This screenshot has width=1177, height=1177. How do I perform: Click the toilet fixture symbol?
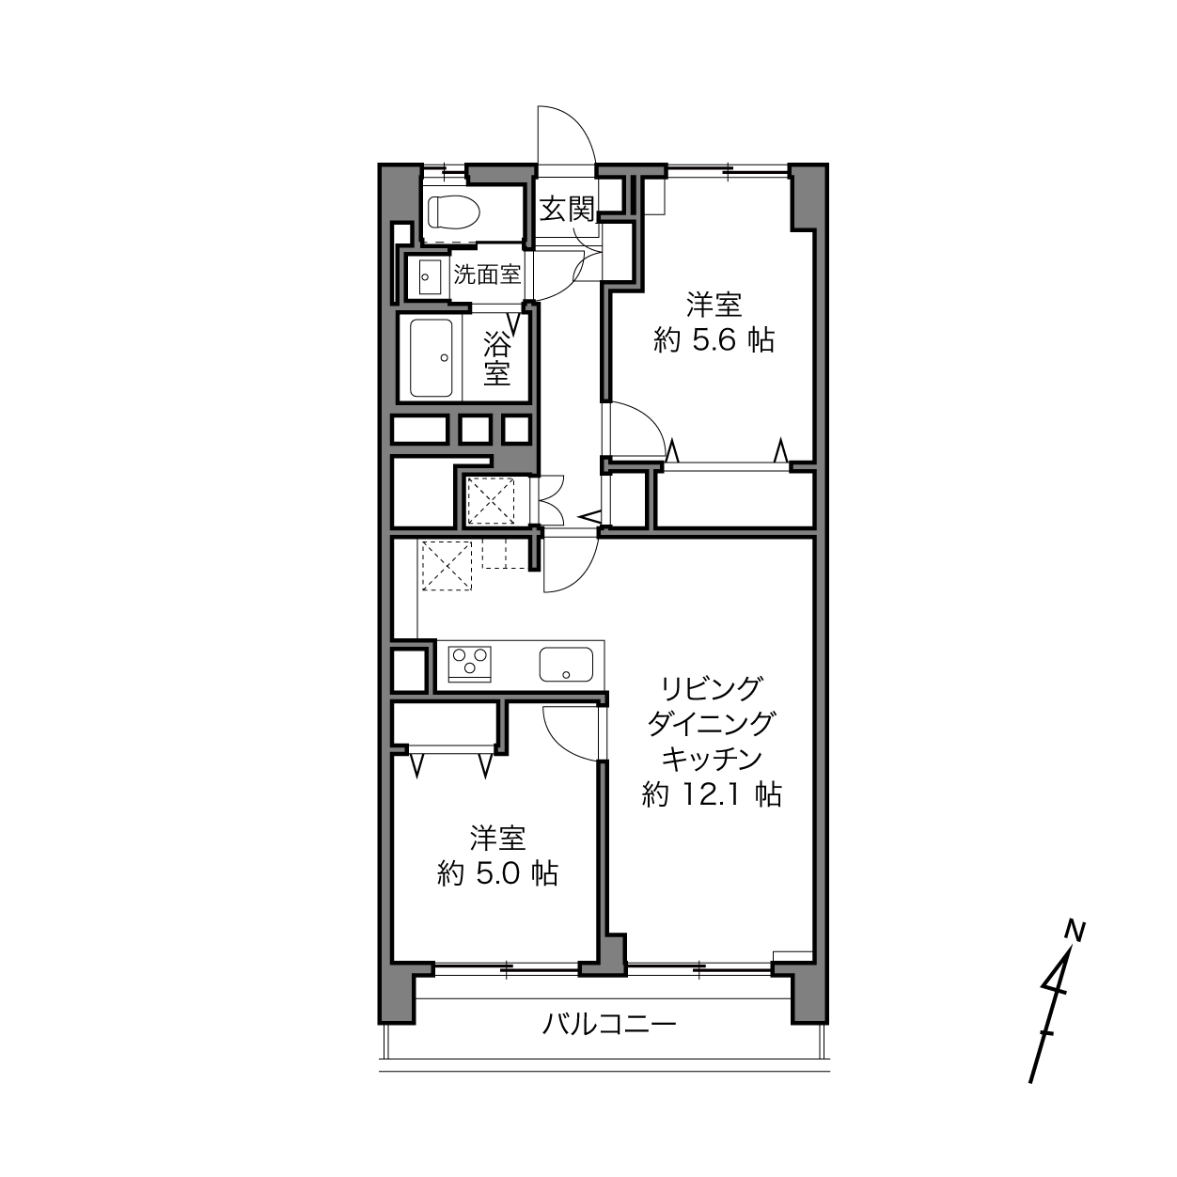click(x=454, y=212)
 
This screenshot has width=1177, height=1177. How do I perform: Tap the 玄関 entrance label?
click(x=567, y=210)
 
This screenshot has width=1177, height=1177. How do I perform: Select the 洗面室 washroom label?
click(x=487, y=275)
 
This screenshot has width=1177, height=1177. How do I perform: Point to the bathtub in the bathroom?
click(x=432, y=358)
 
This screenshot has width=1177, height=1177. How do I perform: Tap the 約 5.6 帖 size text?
click(x=714, y=339)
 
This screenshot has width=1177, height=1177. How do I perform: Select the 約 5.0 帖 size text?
click(x=497, y=874)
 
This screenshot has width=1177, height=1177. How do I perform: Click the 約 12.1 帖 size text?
click(x=712, y=794)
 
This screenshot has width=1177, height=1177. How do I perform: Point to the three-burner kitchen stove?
click(x=470, y=664)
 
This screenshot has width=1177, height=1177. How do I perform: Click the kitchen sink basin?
click(x=566, y=665)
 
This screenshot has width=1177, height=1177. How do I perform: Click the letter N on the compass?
click(x=1075, y=931)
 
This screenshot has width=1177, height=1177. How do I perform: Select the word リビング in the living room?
click(x=713, y=690)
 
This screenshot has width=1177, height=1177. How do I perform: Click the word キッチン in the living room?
click(x=713, y=760)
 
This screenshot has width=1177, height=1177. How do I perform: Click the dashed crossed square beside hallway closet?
click(x=491, y=501)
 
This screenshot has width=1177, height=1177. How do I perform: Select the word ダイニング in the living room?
click(x=712, y=725)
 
